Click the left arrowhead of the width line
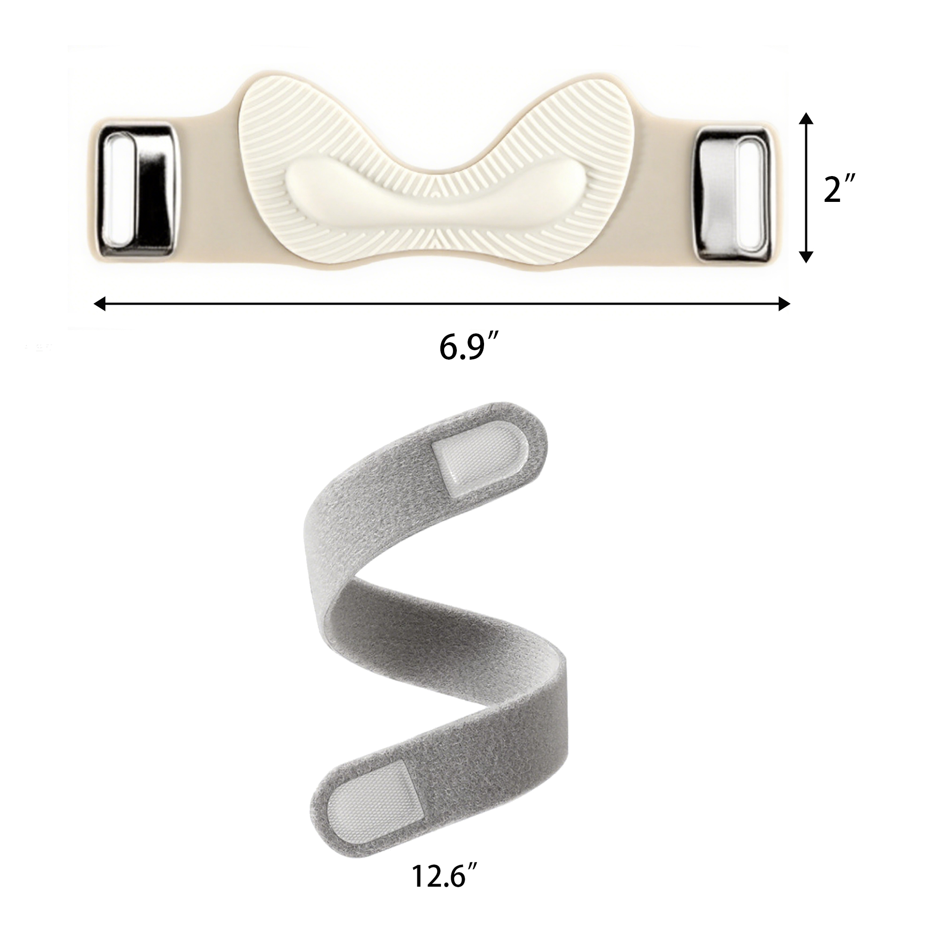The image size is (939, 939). coord(100,305)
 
